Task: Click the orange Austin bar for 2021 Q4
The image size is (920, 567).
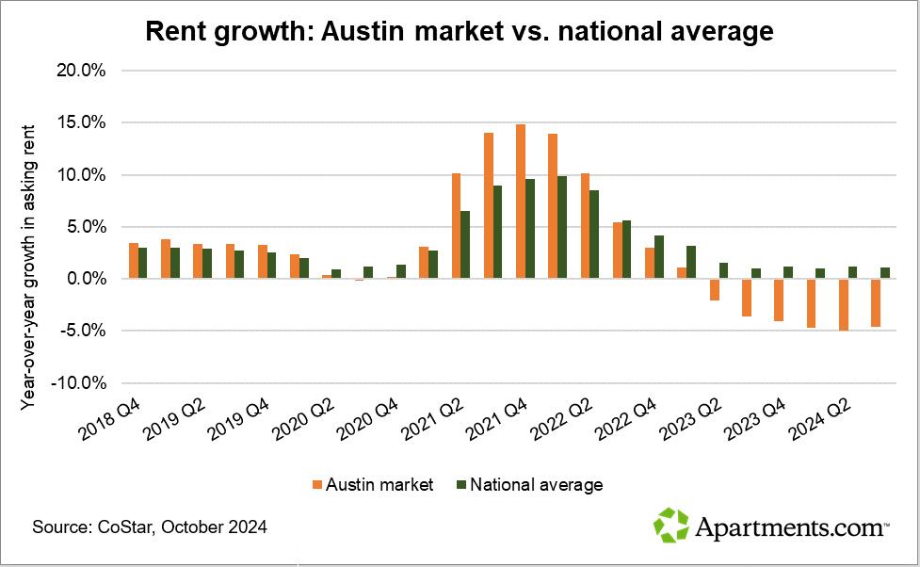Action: tap(521, 202)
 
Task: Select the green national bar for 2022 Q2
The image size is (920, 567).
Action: tap(594, 235)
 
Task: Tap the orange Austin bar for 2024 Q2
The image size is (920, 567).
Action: tap(844, 304)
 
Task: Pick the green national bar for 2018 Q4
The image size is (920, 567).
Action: tap(143, 263)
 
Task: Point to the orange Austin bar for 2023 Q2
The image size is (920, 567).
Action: tap(715, 289)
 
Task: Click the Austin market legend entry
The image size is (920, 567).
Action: tap(372, 485)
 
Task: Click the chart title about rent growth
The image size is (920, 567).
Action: tap(460, 31)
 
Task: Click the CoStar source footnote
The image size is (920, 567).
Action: tap(150, 527)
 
